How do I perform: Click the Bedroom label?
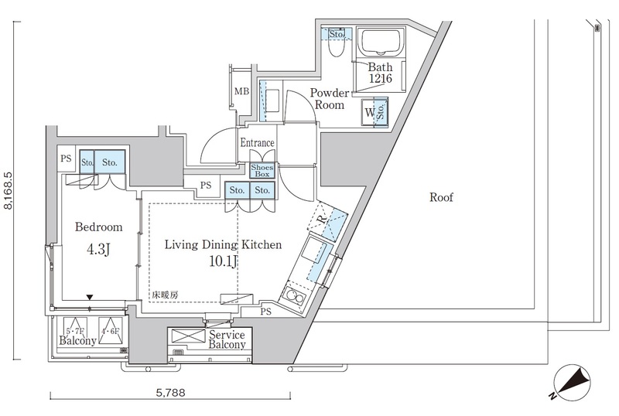coord(99,227)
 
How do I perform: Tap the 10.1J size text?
coord(223,261)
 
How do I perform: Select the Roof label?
coord(441,197)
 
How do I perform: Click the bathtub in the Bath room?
coord(381,41)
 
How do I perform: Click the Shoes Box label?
coord(262,171)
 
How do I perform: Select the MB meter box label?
coord(241,91)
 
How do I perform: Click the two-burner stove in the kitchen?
coord(294,296)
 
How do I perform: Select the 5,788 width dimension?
coord(170,393)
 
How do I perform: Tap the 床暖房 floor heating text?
coord(165,295)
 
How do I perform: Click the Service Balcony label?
coord(227,339)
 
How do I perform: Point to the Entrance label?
coord(258,142)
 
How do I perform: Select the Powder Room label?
coord(330,99)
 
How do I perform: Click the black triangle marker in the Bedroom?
coord(90,297)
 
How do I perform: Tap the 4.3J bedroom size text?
coord(97,250)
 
